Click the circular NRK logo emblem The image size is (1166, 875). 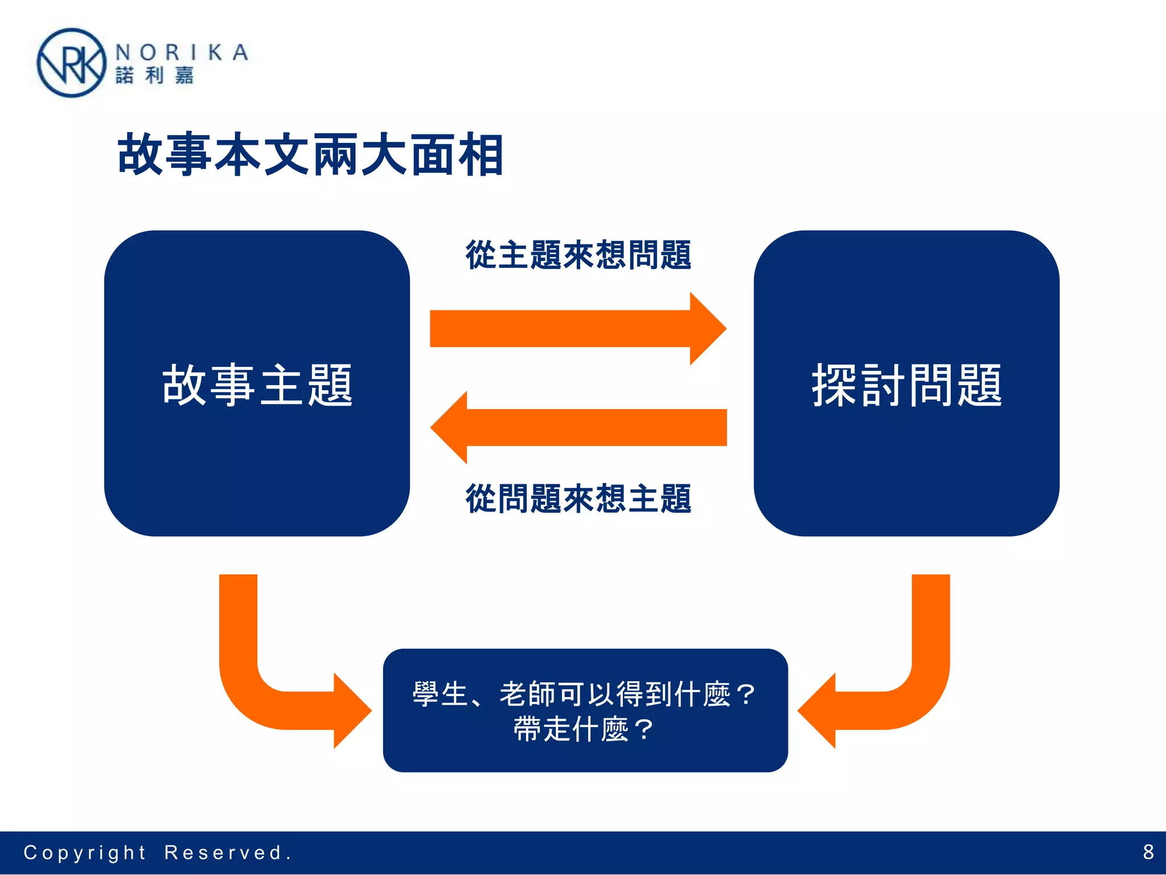71,63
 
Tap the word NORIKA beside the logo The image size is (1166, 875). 182,52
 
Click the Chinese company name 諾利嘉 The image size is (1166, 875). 154,75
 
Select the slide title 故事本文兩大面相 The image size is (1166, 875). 310,154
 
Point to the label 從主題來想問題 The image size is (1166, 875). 578,255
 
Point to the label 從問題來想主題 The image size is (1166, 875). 578,498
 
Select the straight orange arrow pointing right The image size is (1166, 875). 578,329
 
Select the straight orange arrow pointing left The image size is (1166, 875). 578,427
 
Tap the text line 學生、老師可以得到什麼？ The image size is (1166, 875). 585,694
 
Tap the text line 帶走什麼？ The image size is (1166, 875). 585,729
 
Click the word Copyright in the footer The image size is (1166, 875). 85,853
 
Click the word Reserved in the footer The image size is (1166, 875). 224,853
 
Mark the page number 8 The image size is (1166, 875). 1148,852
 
